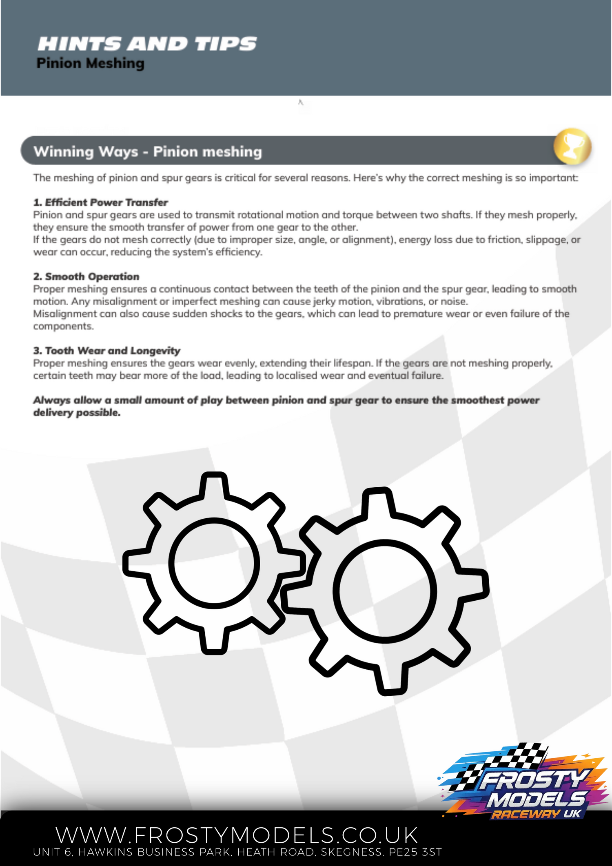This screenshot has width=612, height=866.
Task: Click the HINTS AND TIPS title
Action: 147,44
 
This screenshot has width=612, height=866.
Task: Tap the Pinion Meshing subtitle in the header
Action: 90,63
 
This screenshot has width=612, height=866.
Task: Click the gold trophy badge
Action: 572,146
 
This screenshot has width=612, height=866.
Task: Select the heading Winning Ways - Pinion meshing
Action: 148,152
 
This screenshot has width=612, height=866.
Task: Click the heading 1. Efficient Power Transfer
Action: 100,202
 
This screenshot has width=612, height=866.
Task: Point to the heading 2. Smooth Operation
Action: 86,277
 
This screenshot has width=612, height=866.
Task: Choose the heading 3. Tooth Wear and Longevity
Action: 106,351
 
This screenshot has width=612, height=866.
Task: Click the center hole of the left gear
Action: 214,563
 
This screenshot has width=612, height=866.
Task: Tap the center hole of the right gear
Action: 385,591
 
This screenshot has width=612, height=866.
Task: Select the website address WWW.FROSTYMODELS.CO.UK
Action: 237,835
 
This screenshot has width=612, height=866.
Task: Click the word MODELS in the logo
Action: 537,799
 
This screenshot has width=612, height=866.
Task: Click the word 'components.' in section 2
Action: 63,326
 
